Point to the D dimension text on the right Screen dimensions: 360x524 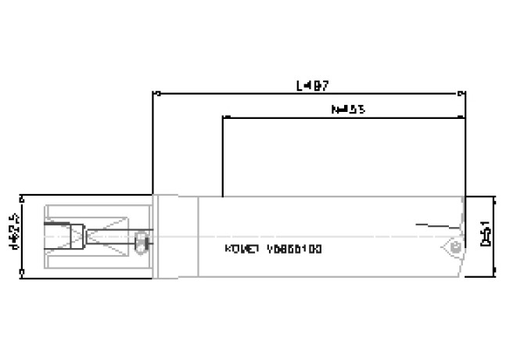point(486,233)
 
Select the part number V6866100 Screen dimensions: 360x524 point(294,250)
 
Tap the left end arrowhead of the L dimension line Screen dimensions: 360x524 point(154,93)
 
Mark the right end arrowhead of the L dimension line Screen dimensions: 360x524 point(463,93)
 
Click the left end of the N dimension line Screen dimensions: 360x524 point(224,117)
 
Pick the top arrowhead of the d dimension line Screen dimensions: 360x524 point(23,196)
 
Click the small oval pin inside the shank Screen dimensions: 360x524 point(141,242)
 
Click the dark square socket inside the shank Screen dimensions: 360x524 point(55,235)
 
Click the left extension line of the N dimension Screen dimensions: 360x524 point(224,157)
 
